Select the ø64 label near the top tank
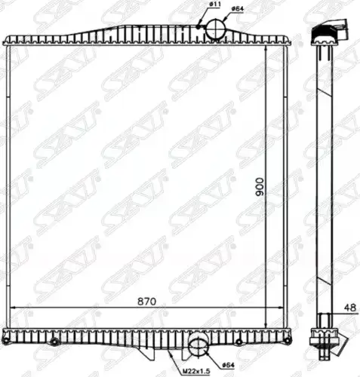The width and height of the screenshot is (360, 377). (x=238, y=8)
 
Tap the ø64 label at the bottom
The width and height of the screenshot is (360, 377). (x=228, y=365)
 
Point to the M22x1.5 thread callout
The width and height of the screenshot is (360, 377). (x=196, y=371)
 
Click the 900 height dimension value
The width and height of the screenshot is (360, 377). (x=259, y=187)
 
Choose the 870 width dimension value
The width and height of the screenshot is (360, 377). (x=147, y=302)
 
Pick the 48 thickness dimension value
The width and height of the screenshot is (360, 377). (x=350, y=308)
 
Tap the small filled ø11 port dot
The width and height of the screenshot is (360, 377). (x=198, y=26)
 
